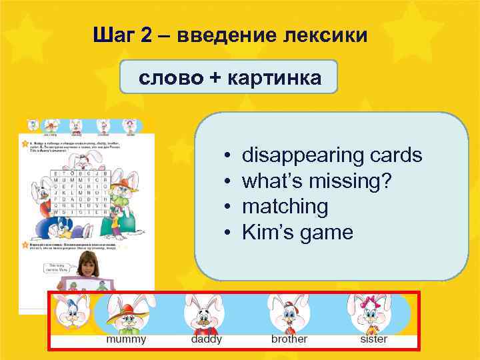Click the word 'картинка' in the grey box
pos(274,78)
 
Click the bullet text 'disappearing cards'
pos(332,155)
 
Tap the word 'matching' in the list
pos(285,207)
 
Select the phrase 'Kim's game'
pos(297,233)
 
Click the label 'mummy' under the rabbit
pos(126,339)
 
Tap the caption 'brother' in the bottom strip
pos(289,339)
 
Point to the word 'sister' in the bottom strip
pos(373,339)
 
